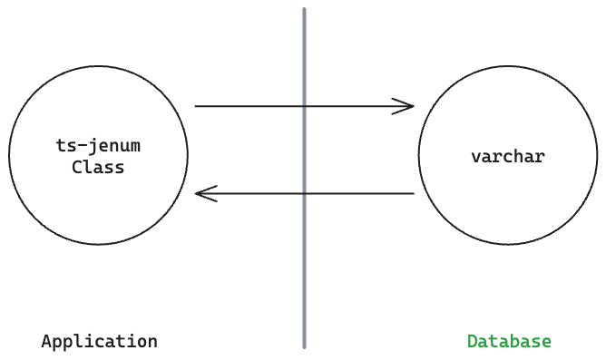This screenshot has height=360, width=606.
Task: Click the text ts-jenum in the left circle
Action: click(98, 145)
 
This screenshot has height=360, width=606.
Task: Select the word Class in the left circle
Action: click(98, 168)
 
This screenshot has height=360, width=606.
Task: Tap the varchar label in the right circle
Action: click(508, 156)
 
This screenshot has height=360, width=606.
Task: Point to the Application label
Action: click(100, 342)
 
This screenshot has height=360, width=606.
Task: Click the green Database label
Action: click(509, 342)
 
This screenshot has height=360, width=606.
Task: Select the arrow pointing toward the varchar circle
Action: click(272, 106)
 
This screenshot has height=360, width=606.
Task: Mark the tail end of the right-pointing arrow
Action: click(196, 106)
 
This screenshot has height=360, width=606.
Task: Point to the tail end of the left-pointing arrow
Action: click(414, 193)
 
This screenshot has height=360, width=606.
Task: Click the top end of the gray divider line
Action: click(304, 11)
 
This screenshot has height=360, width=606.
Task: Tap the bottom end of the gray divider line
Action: click(304, 346)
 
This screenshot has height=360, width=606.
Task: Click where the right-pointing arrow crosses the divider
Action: click(304, 106)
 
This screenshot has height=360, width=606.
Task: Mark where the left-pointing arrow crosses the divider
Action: click(304, 193)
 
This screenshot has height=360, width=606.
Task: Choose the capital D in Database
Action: click(473, 342)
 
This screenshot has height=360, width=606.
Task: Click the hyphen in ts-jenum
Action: click(82, 145)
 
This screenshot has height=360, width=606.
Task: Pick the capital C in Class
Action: click(77, 168)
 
